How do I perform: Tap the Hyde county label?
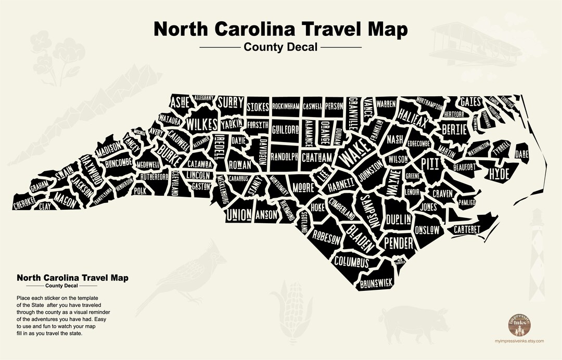click(499, 174)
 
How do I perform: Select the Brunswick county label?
click(376, 283)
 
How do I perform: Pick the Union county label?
click(239, 214)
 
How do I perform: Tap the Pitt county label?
click(430, 164)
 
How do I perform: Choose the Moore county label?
click(303, 186)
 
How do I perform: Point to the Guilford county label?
click(285, 128)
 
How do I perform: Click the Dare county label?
click(521, 155)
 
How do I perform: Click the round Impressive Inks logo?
click(520, 325)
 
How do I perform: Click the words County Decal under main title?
click(280, 47)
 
